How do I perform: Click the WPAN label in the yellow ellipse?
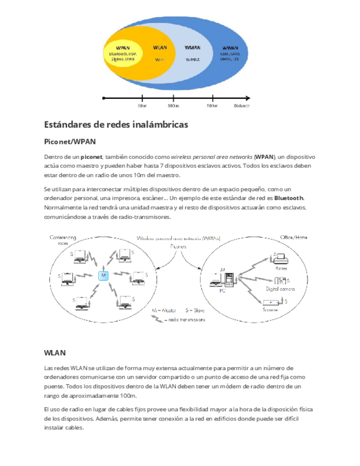pos(123,48)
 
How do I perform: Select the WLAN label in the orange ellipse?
pos(160,48)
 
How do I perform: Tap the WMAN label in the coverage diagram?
pos(192,48)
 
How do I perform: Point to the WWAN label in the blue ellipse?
pos(230,48)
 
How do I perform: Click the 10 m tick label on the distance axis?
pos(142,106)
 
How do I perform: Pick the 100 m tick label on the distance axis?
pos(174,106)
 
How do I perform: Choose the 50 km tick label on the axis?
pos(212,106)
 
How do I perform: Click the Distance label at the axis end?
pos(241,106)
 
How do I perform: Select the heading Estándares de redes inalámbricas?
pos(115,125)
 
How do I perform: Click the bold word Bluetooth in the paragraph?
pos(289,197)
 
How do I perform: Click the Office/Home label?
pos(293,237)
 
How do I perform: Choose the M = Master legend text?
pos(164,310)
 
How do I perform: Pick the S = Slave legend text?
pos(195,310)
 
